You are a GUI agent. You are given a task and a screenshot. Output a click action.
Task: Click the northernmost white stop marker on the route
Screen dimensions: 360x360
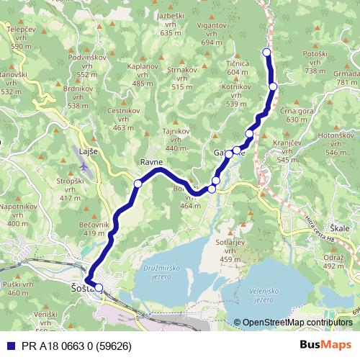(266, 52)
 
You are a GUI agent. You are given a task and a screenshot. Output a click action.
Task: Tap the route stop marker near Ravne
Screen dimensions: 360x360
(138, 184)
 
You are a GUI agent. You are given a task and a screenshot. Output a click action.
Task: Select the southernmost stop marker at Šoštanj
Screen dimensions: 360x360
(99, 288)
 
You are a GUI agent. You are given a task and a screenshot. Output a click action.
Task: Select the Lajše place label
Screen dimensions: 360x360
(86, 153)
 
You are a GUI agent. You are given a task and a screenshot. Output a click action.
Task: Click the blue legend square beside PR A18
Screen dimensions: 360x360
(9, 345)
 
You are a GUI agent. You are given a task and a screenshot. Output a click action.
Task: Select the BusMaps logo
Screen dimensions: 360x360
(325, 345)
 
